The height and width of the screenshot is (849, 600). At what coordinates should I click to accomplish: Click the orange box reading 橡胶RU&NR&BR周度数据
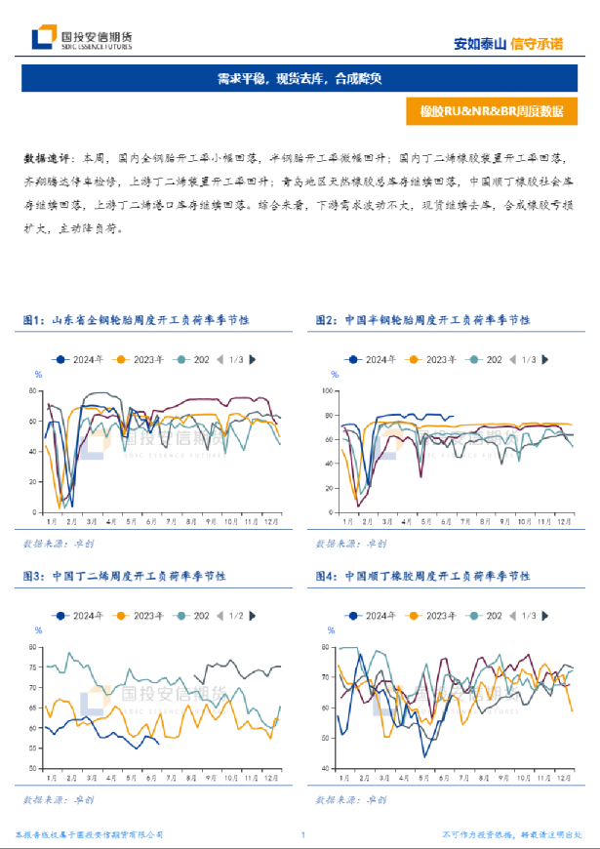(x=492, y=110)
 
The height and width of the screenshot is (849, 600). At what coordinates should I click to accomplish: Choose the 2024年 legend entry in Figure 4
(x=372, y=616)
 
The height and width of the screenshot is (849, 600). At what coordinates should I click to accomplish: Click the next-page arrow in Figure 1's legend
(x=253, y=360)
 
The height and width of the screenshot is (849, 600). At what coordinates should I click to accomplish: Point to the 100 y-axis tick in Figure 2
(x=326, y=389)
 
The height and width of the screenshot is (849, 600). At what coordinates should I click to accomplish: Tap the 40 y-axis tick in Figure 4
(x=325, y=769)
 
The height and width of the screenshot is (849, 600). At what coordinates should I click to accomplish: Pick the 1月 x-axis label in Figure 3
(x=50, y=779)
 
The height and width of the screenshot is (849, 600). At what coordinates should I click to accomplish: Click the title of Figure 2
(x=422, y=319)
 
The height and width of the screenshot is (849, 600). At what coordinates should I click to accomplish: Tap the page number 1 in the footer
(x=303, y=834)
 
